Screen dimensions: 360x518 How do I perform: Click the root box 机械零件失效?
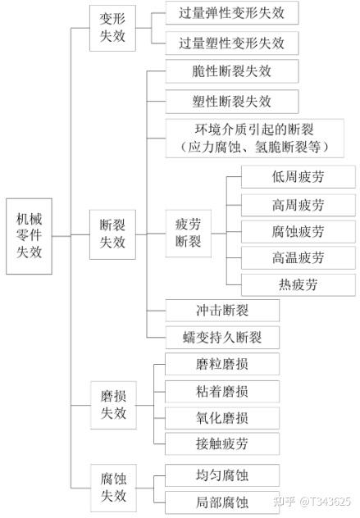(x=29, y=236)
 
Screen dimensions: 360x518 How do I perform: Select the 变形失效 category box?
(x=112, y=28)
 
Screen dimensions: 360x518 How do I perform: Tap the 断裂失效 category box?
(x=112, y=234)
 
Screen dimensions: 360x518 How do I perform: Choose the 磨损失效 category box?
(x=113, y=405)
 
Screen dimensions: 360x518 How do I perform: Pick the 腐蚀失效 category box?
(x=113, y=488)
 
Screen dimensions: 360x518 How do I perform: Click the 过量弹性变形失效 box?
(x=232, y=12)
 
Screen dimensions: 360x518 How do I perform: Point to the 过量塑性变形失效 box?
(x=232, y=43)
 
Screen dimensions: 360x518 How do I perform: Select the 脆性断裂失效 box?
(x=232, y=71)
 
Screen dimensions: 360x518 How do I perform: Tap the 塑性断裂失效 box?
(x=232, y=102)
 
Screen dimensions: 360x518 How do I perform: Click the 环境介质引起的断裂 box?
(x=255, y=138)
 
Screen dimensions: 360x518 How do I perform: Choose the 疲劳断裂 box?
(x=189, y=234)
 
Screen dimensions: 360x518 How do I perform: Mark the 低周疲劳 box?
(x=298, y=177)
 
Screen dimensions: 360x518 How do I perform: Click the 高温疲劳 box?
(x=298, y=257)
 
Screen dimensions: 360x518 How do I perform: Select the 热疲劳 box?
(x=298, y=284)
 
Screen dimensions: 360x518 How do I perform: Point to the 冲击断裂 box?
(x=222, y=310)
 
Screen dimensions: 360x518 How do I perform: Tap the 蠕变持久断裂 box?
(x=222, y=338)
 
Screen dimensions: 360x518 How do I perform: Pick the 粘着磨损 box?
(x=222, y=392)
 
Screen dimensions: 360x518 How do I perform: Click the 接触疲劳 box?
(x=222, y=443)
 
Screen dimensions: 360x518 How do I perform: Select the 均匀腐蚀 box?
(x=222, y=475)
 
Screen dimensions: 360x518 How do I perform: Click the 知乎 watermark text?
(x=285, y=502)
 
